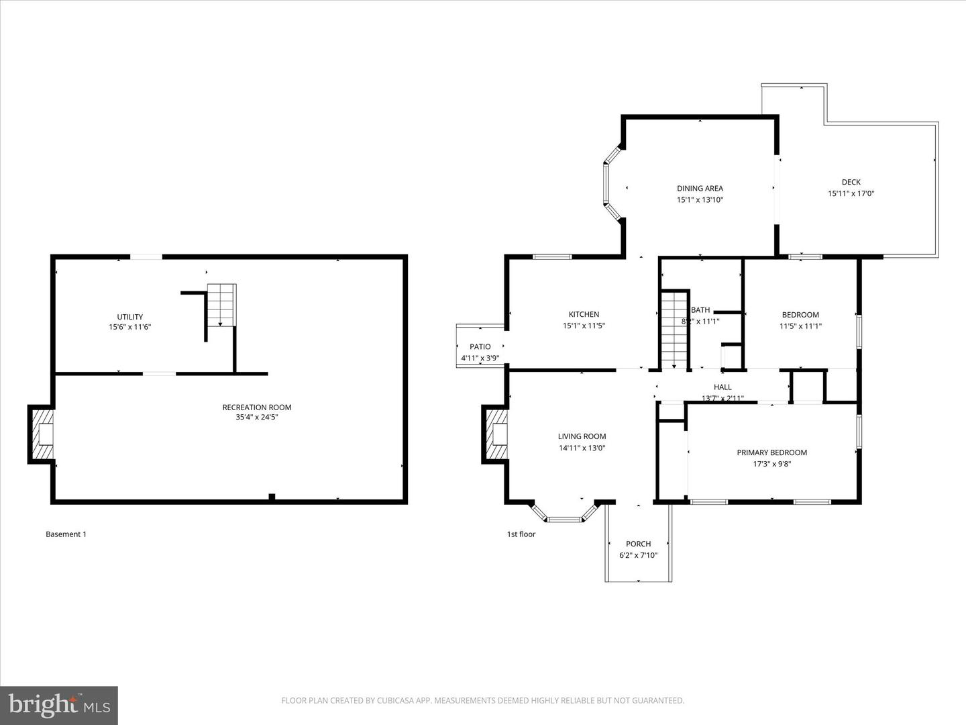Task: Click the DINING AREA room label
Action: (700, 189)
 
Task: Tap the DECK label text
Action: (851, 182)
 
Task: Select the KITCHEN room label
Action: (584, 314)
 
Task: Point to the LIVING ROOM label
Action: (582, 436)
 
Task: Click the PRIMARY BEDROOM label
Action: (771, 452)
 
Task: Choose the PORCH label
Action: (638, 544)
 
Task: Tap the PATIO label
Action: (480, 346)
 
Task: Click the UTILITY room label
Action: (129, 317)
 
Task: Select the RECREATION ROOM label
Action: (257, 407)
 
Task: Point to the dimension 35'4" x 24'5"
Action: (257, 418)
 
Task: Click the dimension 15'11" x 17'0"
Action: (851, 193)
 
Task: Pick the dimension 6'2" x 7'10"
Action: (638, 555)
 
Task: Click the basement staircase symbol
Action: (221, 305)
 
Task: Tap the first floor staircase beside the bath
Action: (674, 330)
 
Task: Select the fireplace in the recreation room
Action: (42, 434)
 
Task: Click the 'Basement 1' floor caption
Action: (66, 534)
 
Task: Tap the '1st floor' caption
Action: (521, 534)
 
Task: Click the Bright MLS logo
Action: (59, 705)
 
